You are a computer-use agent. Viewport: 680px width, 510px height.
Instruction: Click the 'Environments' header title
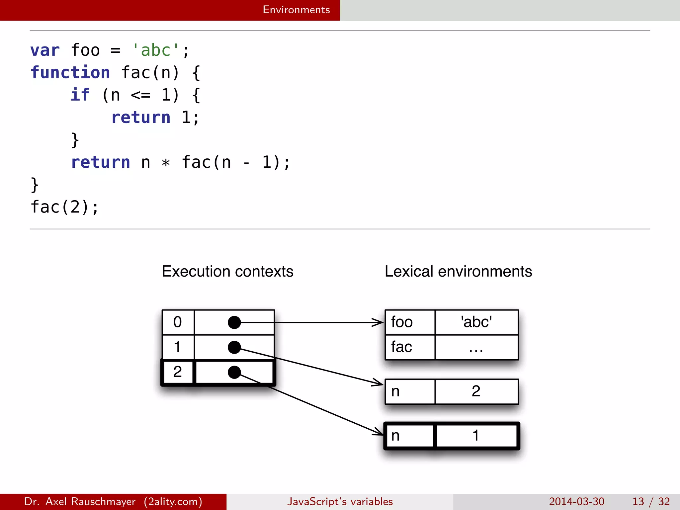pos(296,10)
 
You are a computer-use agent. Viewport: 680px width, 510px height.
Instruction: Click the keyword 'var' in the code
pos(45,50)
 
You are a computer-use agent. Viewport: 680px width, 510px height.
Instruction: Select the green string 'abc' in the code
pos(155,50)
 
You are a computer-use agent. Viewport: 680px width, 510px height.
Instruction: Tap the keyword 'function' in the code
pos(70,73)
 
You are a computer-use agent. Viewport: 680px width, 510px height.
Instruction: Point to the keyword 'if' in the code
pos(80,95)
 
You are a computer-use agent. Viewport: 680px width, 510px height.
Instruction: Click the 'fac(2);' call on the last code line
pos(65,207)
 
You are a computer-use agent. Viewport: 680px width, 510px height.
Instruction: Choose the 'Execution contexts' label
pos(227,271)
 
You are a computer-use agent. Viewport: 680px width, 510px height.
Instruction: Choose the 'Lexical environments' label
pos(458,271)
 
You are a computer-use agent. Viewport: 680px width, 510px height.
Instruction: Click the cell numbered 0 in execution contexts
pos(178,322)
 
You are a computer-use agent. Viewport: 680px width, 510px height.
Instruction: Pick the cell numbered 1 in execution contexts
pos(178,347)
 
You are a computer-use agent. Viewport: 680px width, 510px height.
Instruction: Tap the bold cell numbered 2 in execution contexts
pos(178,372)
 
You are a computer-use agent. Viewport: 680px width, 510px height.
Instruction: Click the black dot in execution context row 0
pos(234,322)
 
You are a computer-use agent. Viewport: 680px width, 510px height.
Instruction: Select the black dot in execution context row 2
pos(234,372)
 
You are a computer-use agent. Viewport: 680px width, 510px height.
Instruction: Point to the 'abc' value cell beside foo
pos(476,322)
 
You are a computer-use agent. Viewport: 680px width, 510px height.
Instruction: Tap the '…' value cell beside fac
pos(476,347)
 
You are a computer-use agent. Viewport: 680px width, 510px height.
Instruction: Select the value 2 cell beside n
pos(476,391)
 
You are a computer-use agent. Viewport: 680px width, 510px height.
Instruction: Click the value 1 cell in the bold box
pos(476,436)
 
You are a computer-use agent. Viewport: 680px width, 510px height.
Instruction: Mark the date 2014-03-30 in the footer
pos(576,501)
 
